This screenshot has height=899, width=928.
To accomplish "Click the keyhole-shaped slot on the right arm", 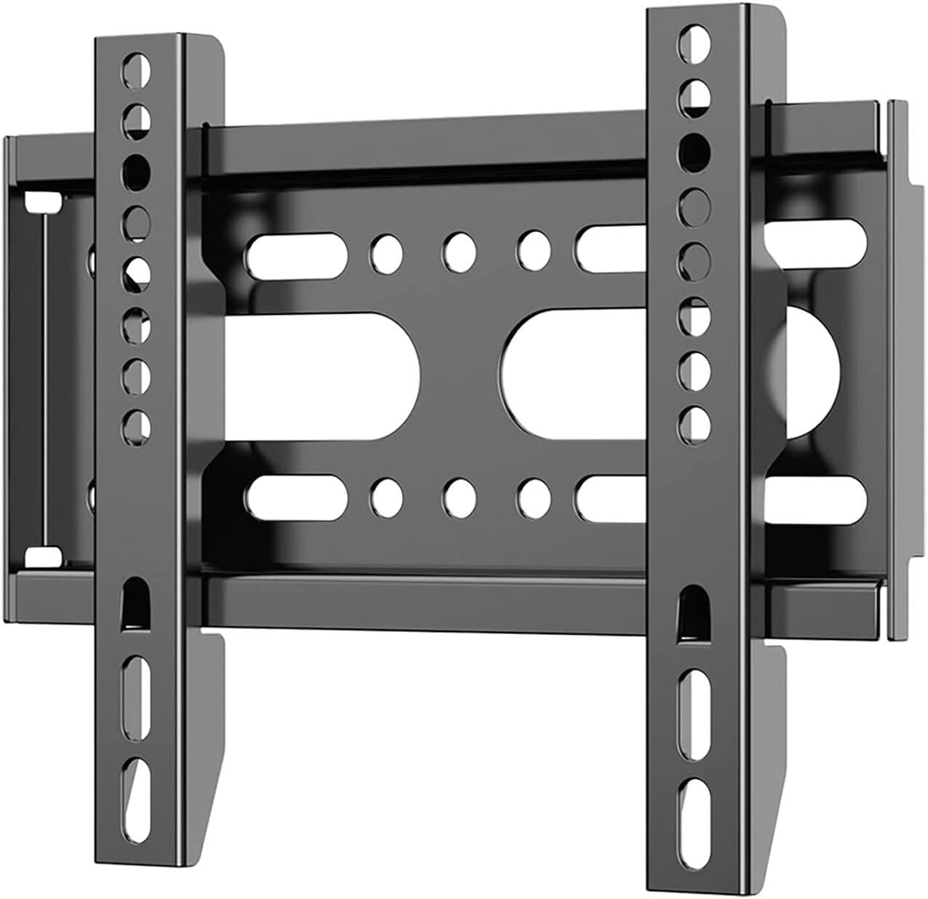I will click(x=691, y=608).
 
